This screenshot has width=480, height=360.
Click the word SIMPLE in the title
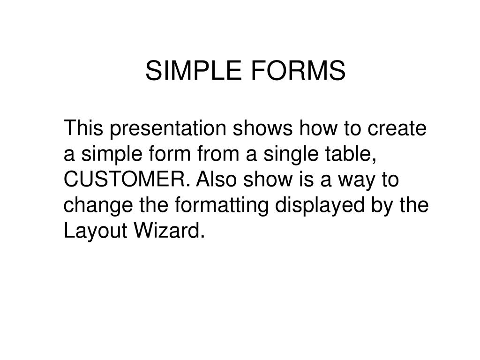193,70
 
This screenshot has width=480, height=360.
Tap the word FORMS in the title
298,70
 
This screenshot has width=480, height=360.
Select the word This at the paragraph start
83,127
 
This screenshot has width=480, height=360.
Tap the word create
397,128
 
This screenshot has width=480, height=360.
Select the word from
218,154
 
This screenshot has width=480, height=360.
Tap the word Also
216,179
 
